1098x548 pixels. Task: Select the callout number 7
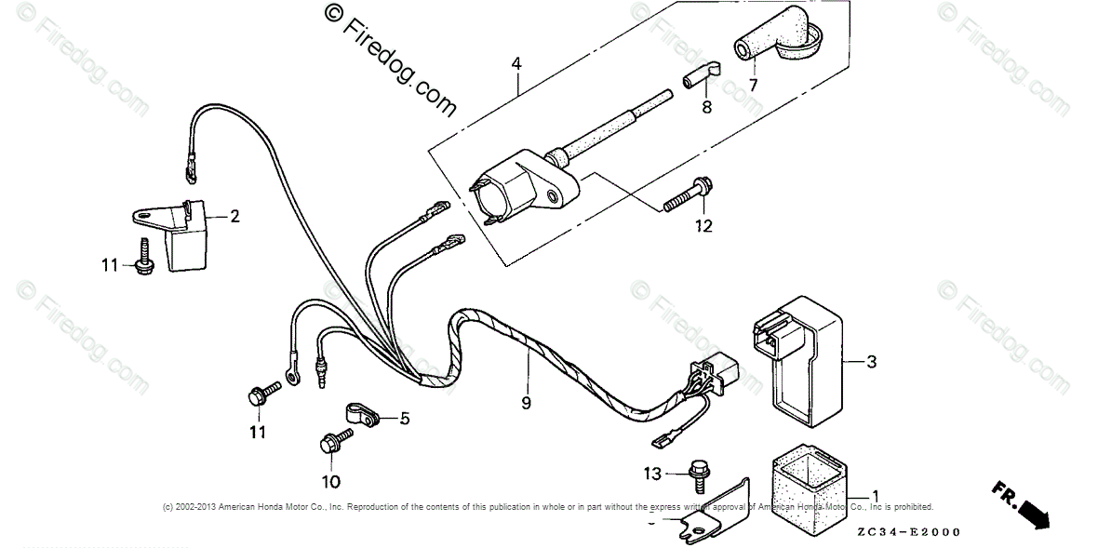753,85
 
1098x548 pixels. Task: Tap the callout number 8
706,108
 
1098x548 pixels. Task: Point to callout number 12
703,225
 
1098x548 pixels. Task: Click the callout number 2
234,217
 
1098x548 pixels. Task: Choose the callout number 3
871,361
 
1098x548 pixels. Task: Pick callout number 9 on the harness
526,404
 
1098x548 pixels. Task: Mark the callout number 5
405,419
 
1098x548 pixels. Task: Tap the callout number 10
331,481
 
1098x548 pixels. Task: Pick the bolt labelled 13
697,473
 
